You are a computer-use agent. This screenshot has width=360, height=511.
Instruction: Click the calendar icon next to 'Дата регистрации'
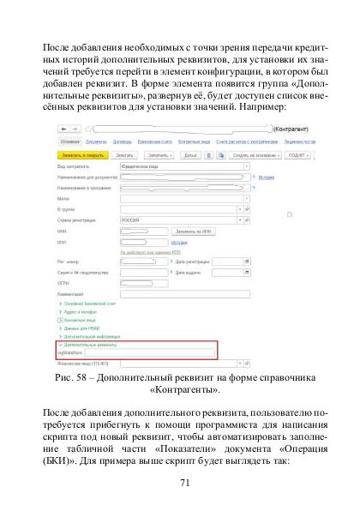pyautogui.click(x=247, y=262)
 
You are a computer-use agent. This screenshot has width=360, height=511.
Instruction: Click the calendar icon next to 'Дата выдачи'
pyautogui.click(x=247, y=272)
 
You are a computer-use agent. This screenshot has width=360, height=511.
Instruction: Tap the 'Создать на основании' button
pyautogui.click(x=241, y=155)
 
